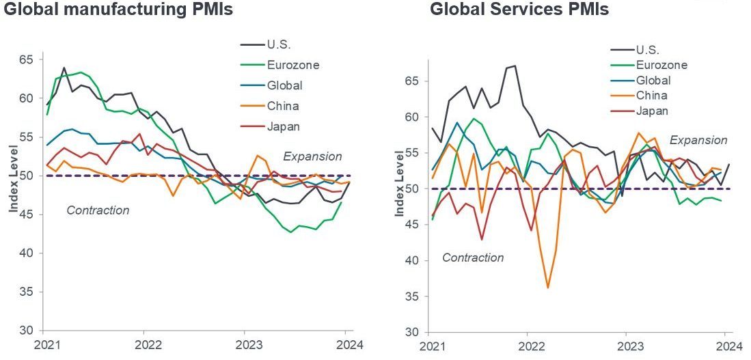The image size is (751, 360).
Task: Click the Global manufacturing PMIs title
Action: tap(118, 10)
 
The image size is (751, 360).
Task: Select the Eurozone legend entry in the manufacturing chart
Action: tap(294, 66)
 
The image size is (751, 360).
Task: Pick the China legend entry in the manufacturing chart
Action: tap(283, 106)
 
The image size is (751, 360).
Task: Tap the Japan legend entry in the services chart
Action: tap(652, 111)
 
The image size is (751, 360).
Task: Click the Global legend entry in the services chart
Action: tap(653, 81)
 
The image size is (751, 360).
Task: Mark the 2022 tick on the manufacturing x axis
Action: tap(144, 344)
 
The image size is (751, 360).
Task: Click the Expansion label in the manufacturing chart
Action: tap(312, 156)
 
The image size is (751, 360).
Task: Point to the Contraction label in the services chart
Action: tap(473, 258)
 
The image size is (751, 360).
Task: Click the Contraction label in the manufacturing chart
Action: tap(98, 210)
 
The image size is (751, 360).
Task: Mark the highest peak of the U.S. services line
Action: tap(515, 66)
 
